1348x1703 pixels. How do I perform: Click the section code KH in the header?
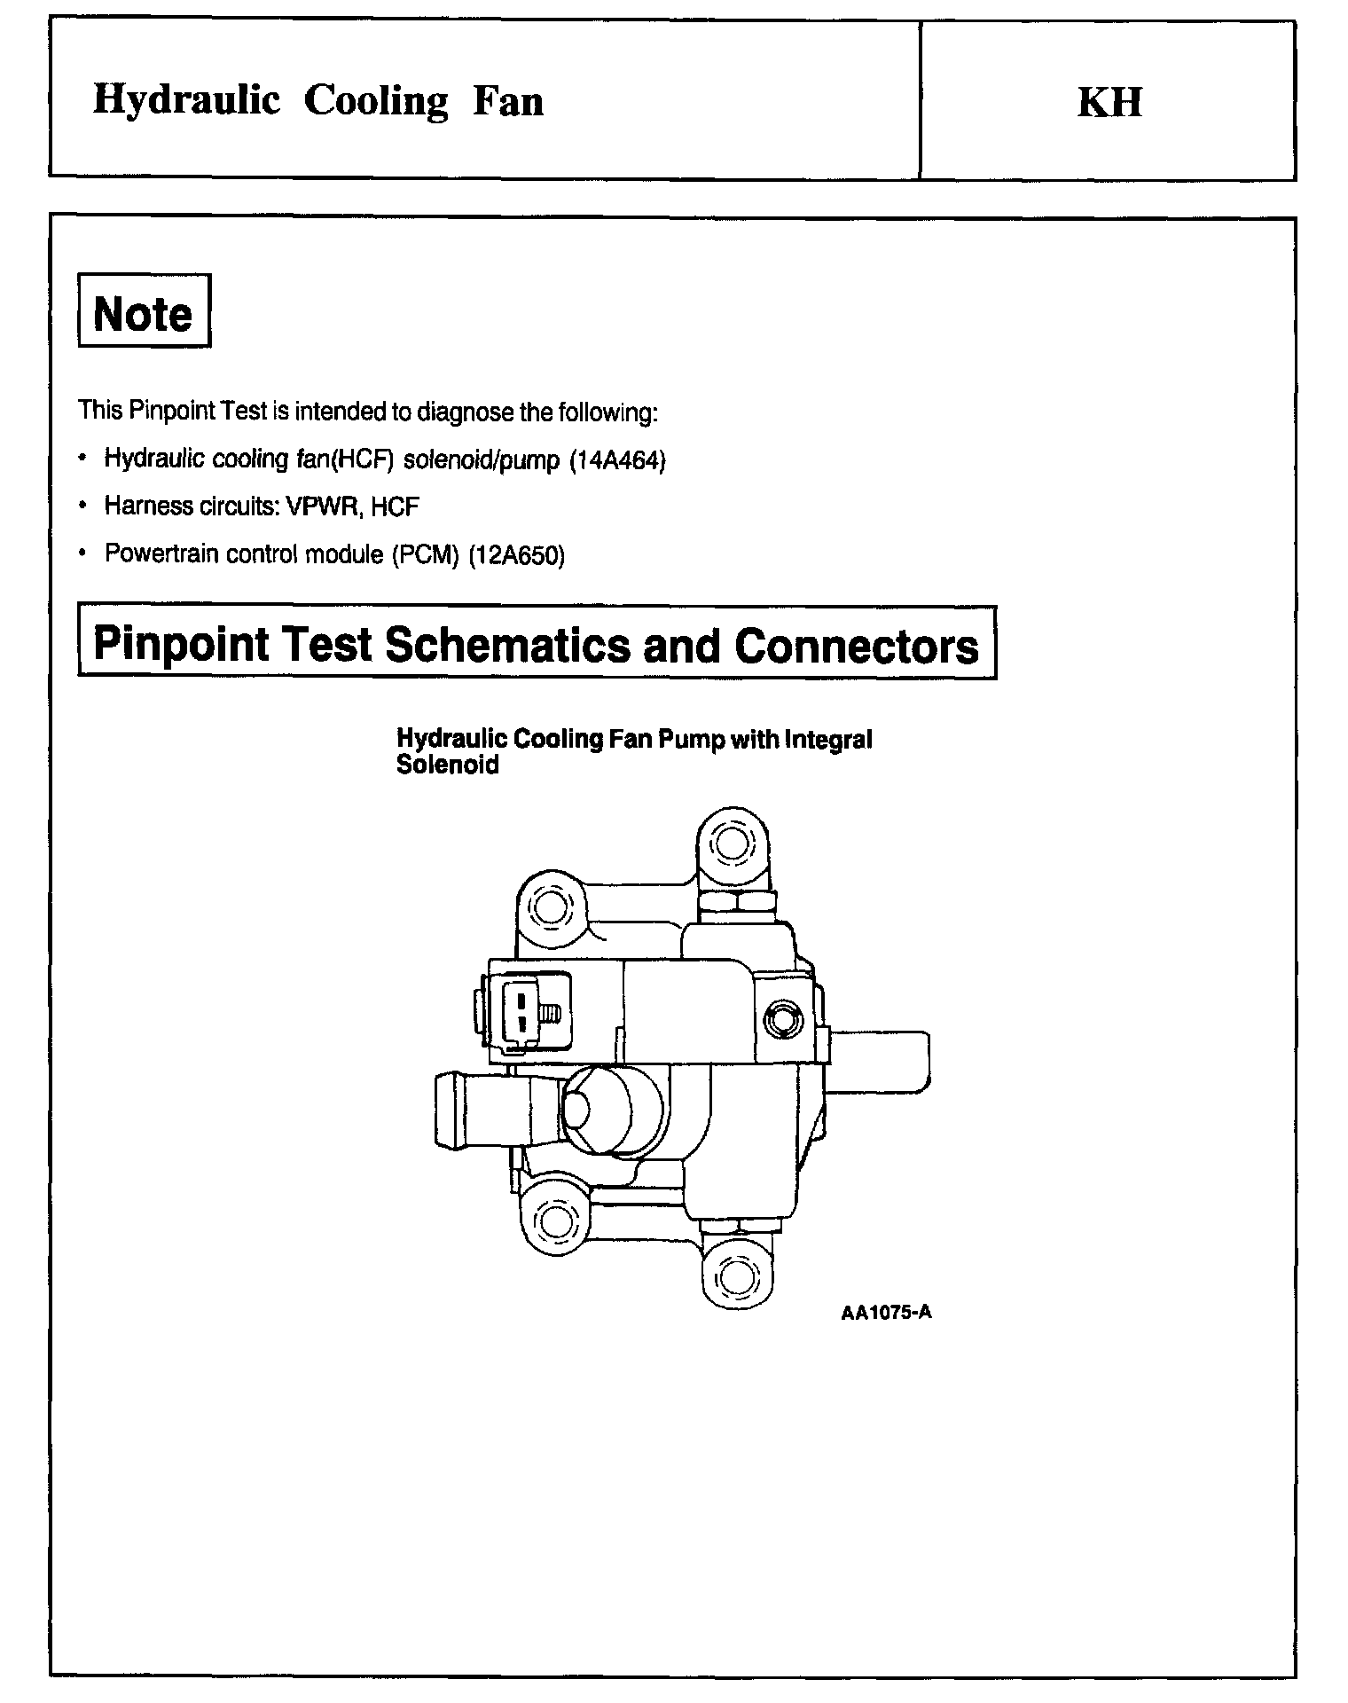1109,102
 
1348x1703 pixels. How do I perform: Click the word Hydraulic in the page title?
186,100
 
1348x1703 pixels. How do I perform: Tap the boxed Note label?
144,312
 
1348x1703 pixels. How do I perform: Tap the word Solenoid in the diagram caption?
447,765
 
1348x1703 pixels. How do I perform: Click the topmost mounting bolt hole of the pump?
731,843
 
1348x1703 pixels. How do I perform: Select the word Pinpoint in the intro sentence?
168,412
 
